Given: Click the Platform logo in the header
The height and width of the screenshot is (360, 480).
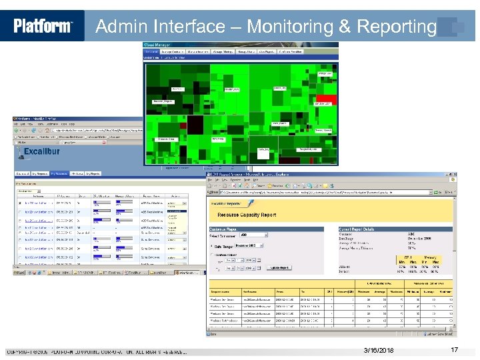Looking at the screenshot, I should coord(43,26).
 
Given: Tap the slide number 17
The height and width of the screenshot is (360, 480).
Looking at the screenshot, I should coord(455,350).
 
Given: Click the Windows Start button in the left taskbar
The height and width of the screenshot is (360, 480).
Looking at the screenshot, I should coord(21,272).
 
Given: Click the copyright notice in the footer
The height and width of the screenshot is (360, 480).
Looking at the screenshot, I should coord(97,351).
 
